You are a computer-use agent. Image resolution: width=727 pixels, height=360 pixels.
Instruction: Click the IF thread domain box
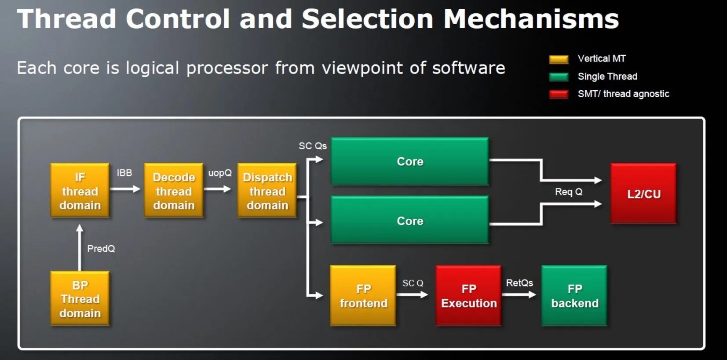click(80, 191)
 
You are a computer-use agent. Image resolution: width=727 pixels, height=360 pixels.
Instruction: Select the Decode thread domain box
click(174, 191)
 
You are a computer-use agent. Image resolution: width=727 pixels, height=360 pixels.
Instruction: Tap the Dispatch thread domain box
click(267, 191)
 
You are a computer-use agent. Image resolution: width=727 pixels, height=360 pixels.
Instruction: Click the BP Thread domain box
click(80, 298)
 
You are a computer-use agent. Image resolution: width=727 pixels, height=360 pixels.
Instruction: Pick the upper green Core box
click(409, 162)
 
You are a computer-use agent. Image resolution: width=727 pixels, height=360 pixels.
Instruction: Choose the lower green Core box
click(409, 220)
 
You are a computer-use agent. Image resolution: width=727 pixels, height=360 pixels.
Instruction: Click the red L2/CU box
click(643, 194)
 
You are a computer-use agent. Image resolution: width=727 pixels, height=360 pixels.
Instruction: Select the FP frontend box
click(363, 296)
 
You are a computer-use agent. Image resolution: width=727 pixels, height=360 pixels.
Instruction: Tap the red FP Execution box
click(468, 296)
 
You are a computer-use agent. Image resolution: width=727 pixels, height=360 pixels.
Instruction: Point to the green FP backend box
click(574, 296)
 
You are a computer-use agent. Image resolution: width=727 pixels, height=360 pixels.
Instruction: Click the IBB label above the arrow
click(124, 173)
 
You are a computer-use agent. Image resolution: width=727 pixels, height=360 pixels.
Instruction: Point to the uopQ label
click(220, 173)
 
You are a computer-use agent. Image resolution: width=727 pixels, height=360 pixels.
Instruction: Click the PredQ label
click(101, 249)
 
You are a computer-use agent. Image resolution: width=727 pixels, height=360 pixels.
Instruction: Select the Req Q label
click(569, 192)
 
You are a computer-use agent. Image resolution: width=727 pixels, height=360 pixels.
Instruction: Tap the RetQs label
click(519, 283)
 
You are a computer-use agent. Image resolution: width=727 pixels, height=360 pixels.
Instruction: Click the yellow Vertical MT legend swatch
click(559, 59)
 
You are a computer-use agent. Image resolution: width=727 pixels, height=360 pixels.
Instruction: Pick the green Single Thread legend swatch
click(559, 77)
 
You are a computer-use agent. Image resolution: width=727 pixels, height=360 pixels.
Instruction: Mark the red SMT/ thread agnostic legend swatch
click(559, 94)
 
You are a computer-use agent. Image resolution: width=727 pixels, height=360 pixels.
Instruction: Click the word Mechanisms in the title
click(531, 19)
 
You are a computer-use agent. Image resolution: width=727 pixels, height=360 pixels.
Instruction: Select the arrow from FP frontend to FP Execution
click(412, 295)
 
